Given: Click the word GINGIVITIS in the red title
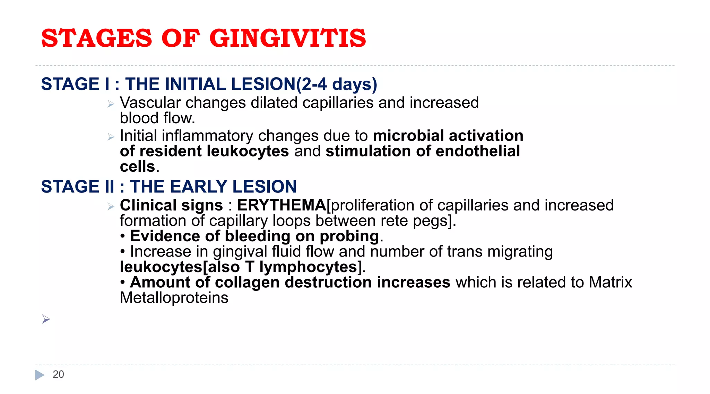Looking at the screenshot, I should point(287,38).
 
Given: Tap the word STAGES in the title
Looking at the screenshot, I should point(96,38).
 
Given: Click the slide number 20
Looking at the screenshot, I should point(58,374).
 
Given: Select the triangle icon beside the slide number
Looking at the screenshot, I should point(40,375).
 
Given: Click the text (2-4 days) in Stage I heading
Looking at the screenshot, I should point(336,84).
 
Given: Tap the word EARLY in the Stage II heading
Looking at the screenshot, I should point(196,187).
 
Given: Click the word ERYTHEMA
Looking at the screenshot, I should point(282,205).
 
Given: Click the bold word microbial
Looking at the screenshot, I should point(408,136).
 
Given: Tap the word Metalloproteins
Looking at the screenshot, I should point(174,298).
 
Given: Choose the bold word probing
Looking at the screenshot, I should point(349,236).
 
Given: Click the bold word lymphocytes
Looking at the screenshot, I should point(308,267).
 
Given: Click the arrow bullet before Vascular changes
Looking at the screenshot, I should point(111,104).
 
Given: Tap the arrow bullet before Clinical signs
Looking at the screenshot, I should point(111,207).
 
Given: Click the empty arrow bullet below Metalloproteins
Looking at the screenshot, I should point(46,319).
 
